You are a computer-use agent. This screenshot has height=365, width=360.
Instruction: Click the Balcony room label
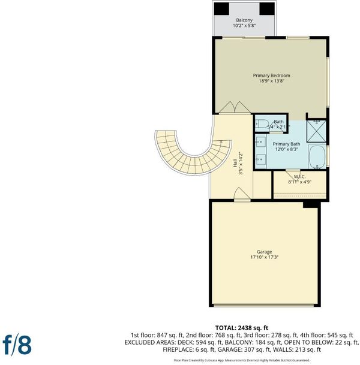click(x=244, y=20)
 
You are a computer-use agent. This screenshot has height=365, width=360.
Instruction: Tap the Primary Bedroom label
click(x=271, y=76)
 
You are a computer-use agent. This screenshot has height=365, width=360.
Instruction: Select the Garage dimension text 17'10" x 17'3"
click(x=265, y=257)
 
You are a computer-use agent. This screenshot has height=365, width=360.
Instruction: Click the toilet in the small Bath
click(x=261, y=124)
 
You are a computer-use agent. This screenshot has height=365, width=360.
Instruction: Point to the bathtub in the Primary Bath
click(x=317, y=156)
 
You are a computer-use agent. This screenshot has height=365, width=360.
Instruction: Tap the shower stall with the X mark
click(x=316, y=131)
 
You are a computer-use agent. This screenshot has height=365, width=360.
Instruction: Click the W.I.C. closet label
click(x=299, y=177)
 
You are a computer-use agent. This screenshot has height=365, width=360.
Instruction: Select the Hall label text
click(x=235, y=163)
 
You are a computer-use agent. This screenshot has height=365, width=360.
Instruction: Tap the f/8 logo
click(x=17, y=345)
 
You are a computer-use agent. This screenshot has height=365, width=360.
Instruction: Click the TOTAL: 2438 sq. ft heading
click(x=242, y=328)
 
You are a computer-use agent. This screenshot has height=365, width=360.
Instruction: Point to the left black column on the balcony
click(x=221, y=9)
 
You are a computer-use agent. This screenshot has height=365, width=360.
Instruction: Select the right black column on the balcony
click(x=267, y=9)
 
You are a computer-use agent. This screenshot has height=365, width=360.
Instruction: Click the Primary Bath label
click(x=286, y=144)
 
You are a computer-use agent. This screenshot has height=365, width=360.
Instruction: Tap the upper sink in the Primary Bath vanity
click(x=260, y=142)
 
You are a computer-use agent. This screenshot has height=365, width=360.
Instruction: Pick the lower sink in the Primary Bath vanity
click(x=260, y=159)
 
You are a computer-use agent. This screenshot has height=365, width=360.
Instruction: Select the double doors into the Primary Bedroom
click(x=235, y=107)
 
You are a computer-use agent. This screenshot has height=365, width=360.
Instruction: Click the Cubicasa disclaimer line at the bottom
click(x=242, y=360)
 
